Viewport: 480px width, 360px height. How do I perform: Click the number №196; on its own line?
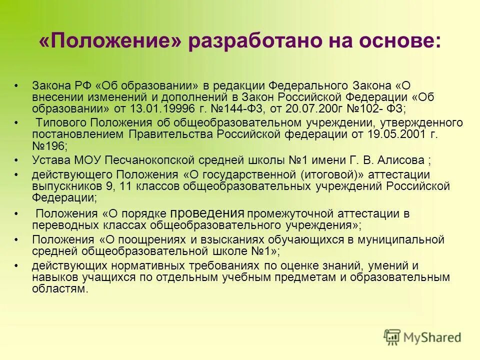pyautogui.click(x=49, y=147)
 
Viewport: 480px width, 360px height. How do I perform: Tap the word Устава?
pyautogui.click(x=50, y=160)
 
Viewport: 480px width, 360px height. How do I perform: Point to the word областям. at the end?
pyautogui.click(x=60, y=289)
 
